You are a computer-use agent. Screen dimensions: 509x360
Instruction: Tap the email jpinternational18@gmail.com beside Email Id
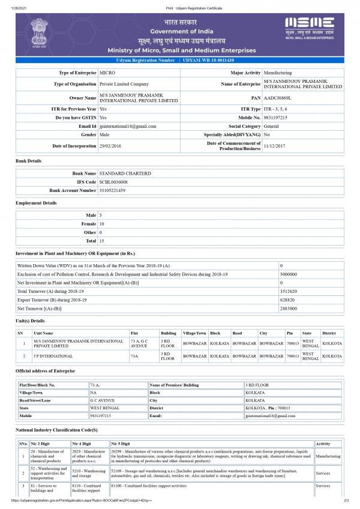tap(128, 127)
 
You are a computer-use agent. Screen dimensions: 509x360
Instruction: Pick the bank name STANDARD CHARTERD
tap(125, 173)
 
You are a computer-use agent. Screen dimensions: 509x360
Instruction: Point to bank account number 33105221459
tap(112, 190)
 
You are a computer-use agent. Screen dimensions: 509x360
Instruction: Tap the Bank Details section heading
tap(28, 161)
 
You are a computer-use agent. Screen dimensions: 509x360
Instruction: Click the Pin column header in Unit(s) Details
tap(290, 333)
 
